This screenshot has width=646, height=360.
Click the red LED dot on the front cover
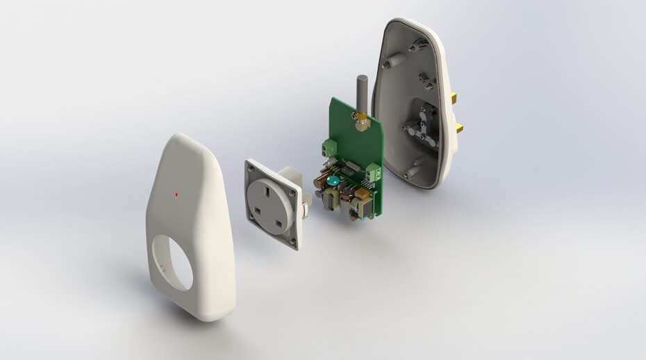176,195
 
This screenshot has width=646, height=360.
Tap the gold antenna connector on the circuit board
362,123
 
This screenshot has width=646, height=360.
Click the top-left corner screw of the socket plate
249,165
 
